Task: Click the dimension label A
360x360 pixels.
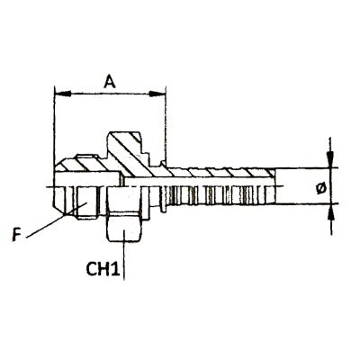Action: tap(110, 82)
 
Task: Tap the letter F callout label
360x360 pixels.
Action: tap(16, 235)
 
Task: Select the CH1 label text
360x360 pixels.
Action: tap(103, 269)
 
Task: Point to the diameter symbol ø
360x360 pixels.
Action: tap(321, 188)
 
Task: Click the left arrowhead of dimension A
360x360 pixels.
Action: tap(63, 94)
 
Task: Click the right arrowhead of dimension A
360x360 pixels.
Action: tap(157, 94)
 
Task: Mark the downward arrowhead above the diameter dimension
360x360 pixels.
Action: tap(330, 159)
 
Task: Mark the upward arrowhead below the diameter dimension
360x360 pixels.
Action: tap(330, 211)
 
